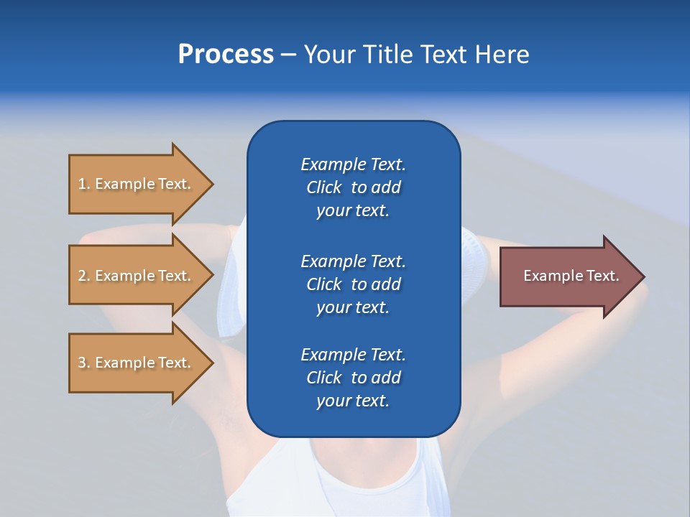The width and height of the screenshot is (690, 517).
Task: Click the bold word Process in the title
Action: tap(226, 55)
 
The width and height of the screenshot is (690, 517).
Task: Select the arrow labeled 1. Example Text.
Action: tap(134, 184)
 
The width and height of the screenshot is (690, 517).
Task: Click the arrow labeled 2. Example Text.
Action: tap(134, 276)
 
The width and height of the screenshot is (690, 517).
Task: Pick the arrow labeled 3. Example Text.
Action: tap(134, 363)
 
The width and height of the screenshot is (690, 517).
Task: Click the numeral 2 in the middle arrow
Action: tap(82, 276)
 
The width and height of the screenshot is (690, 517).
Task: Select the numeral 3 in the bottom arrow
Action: tap(82, 363)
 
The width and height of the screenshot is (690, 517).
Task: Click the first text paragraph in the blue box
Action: tap(353, 187)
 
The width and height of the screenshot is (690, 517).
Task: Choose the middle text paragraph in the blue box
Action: tap(353, 284)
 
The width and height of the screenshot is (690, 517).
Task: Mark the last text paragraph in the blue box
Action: tap(353, 378)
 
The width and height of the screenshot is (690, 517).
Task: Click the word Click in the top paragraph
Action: tap(323, 187)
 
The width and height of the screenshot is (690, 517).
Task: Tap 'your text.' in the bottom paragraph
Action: tap(353, 401)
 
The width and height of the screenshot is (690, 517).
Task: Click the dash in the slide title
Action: tap(288, 55)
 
